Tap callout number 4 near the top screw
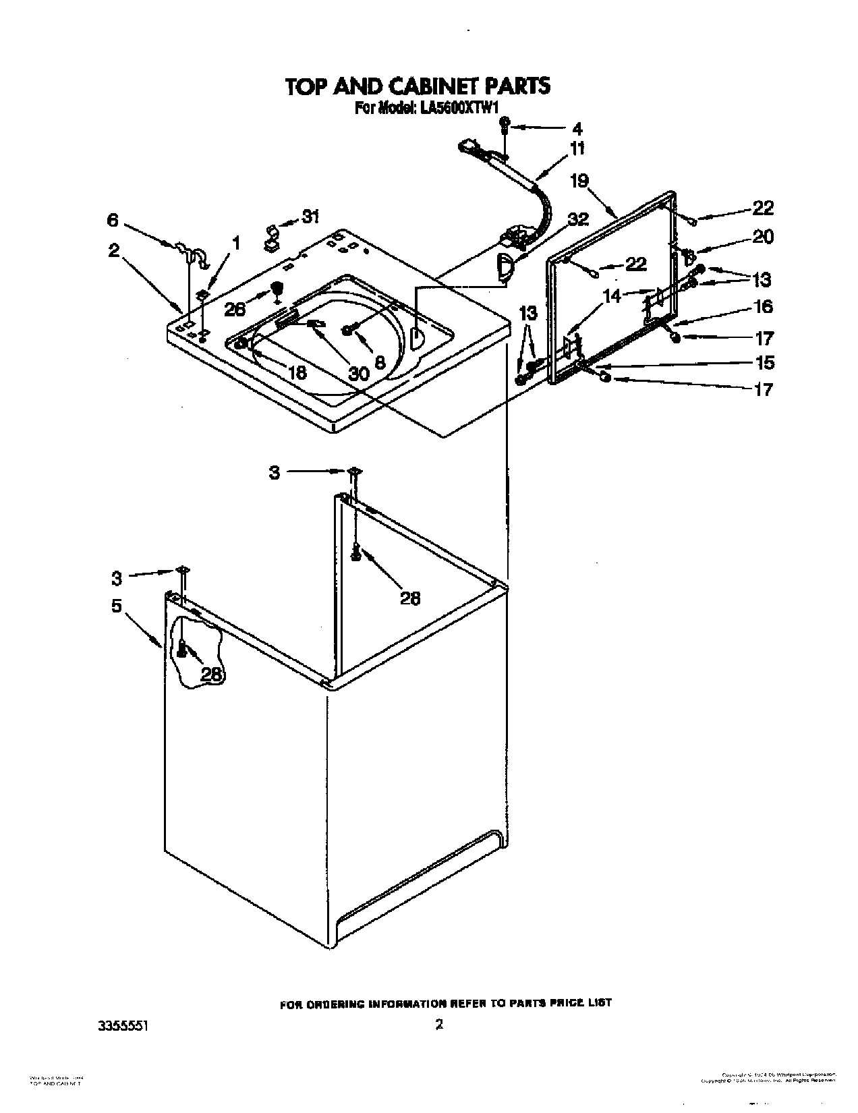coord(577,128)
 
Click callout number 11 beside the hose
coord(577,148)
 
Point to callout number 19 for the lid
coord(579,181)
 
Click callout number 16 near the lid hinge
coord(763,307)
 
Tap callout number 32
coord(578,219)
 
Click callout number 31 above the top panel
coord(310,217)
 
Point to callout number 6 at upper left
coord(113,220)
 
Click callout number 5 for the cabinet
coord(117,606)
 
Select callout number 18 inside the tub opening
coord(297,372)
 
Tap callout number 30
coord(358,373)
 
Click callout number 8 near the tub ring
coord(380,362)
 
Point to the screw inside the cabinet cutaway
coord(181,649)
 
